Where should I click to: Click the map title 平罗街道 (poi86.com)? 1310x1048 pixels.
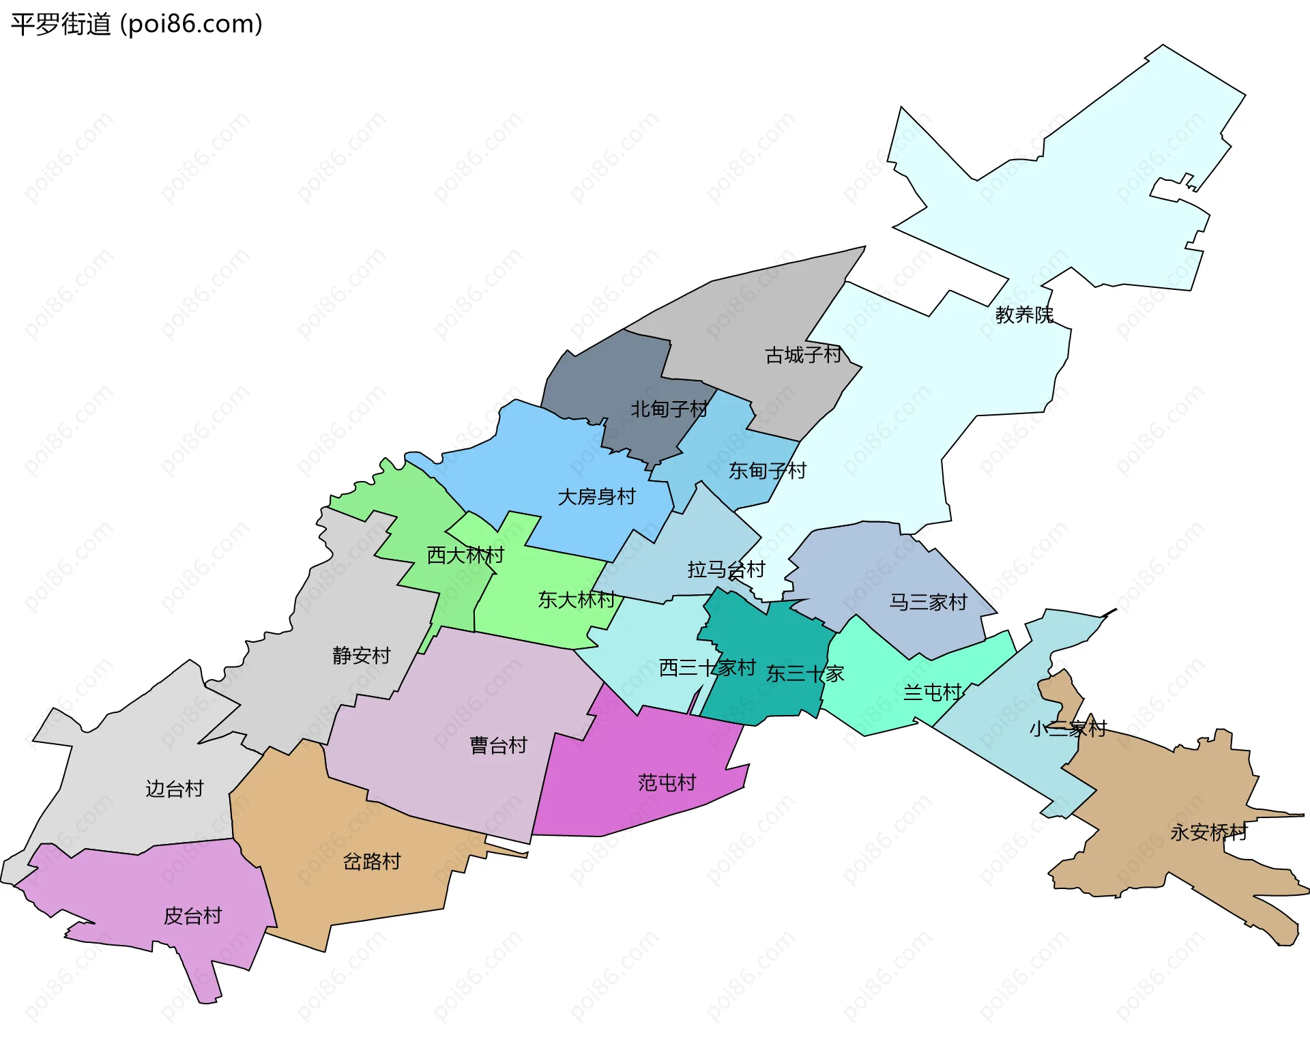(x=136, y=25)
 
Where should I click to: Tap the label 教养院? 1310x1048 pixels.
(x=1023, y=315)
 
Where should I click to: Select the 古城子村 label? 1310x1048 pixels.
(x=803, y=355)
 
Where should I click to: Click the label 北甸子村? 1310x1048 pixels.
(x=669, y=409)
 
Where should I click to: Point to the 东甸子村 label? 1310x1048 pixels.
(x=767, y=470)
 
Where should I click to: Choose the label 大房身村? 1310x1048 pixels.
(x=596, y=496)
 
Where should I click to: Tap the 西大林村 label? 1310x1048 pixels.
(x=465, y=555)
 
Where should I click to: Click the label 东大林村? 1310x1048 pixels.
(x=577, y=599)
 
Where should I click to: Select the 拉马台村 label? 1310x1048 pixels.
(x=726, y=569)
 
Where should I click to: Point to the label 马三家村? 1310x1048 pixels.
(x=928, y=601)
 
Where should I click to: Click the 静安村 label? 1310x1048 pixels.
(x=361, y=655)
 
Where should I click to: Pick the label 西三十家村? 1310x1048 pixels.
(x=707, y=667)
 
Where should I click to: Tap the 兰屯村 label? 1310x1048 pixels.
(x=932, y=693)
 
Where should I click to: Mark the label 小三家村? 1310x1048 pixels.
(x=1068, y=728)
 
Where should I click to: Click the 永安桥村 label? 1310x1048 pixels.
(x=1208, y=832)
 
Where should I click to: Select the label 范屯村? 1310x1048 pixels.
(x=667, y=782)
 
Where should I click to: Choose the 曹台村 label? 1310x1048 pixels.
(x=498, y=744)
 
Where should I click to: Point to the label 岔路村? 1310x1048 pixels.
(x=371, y=861)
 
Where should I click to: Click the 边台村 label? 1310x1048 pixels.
(x=175, y=788)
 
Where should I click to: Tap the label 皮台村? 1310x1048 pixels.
(x=192, y=915)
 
